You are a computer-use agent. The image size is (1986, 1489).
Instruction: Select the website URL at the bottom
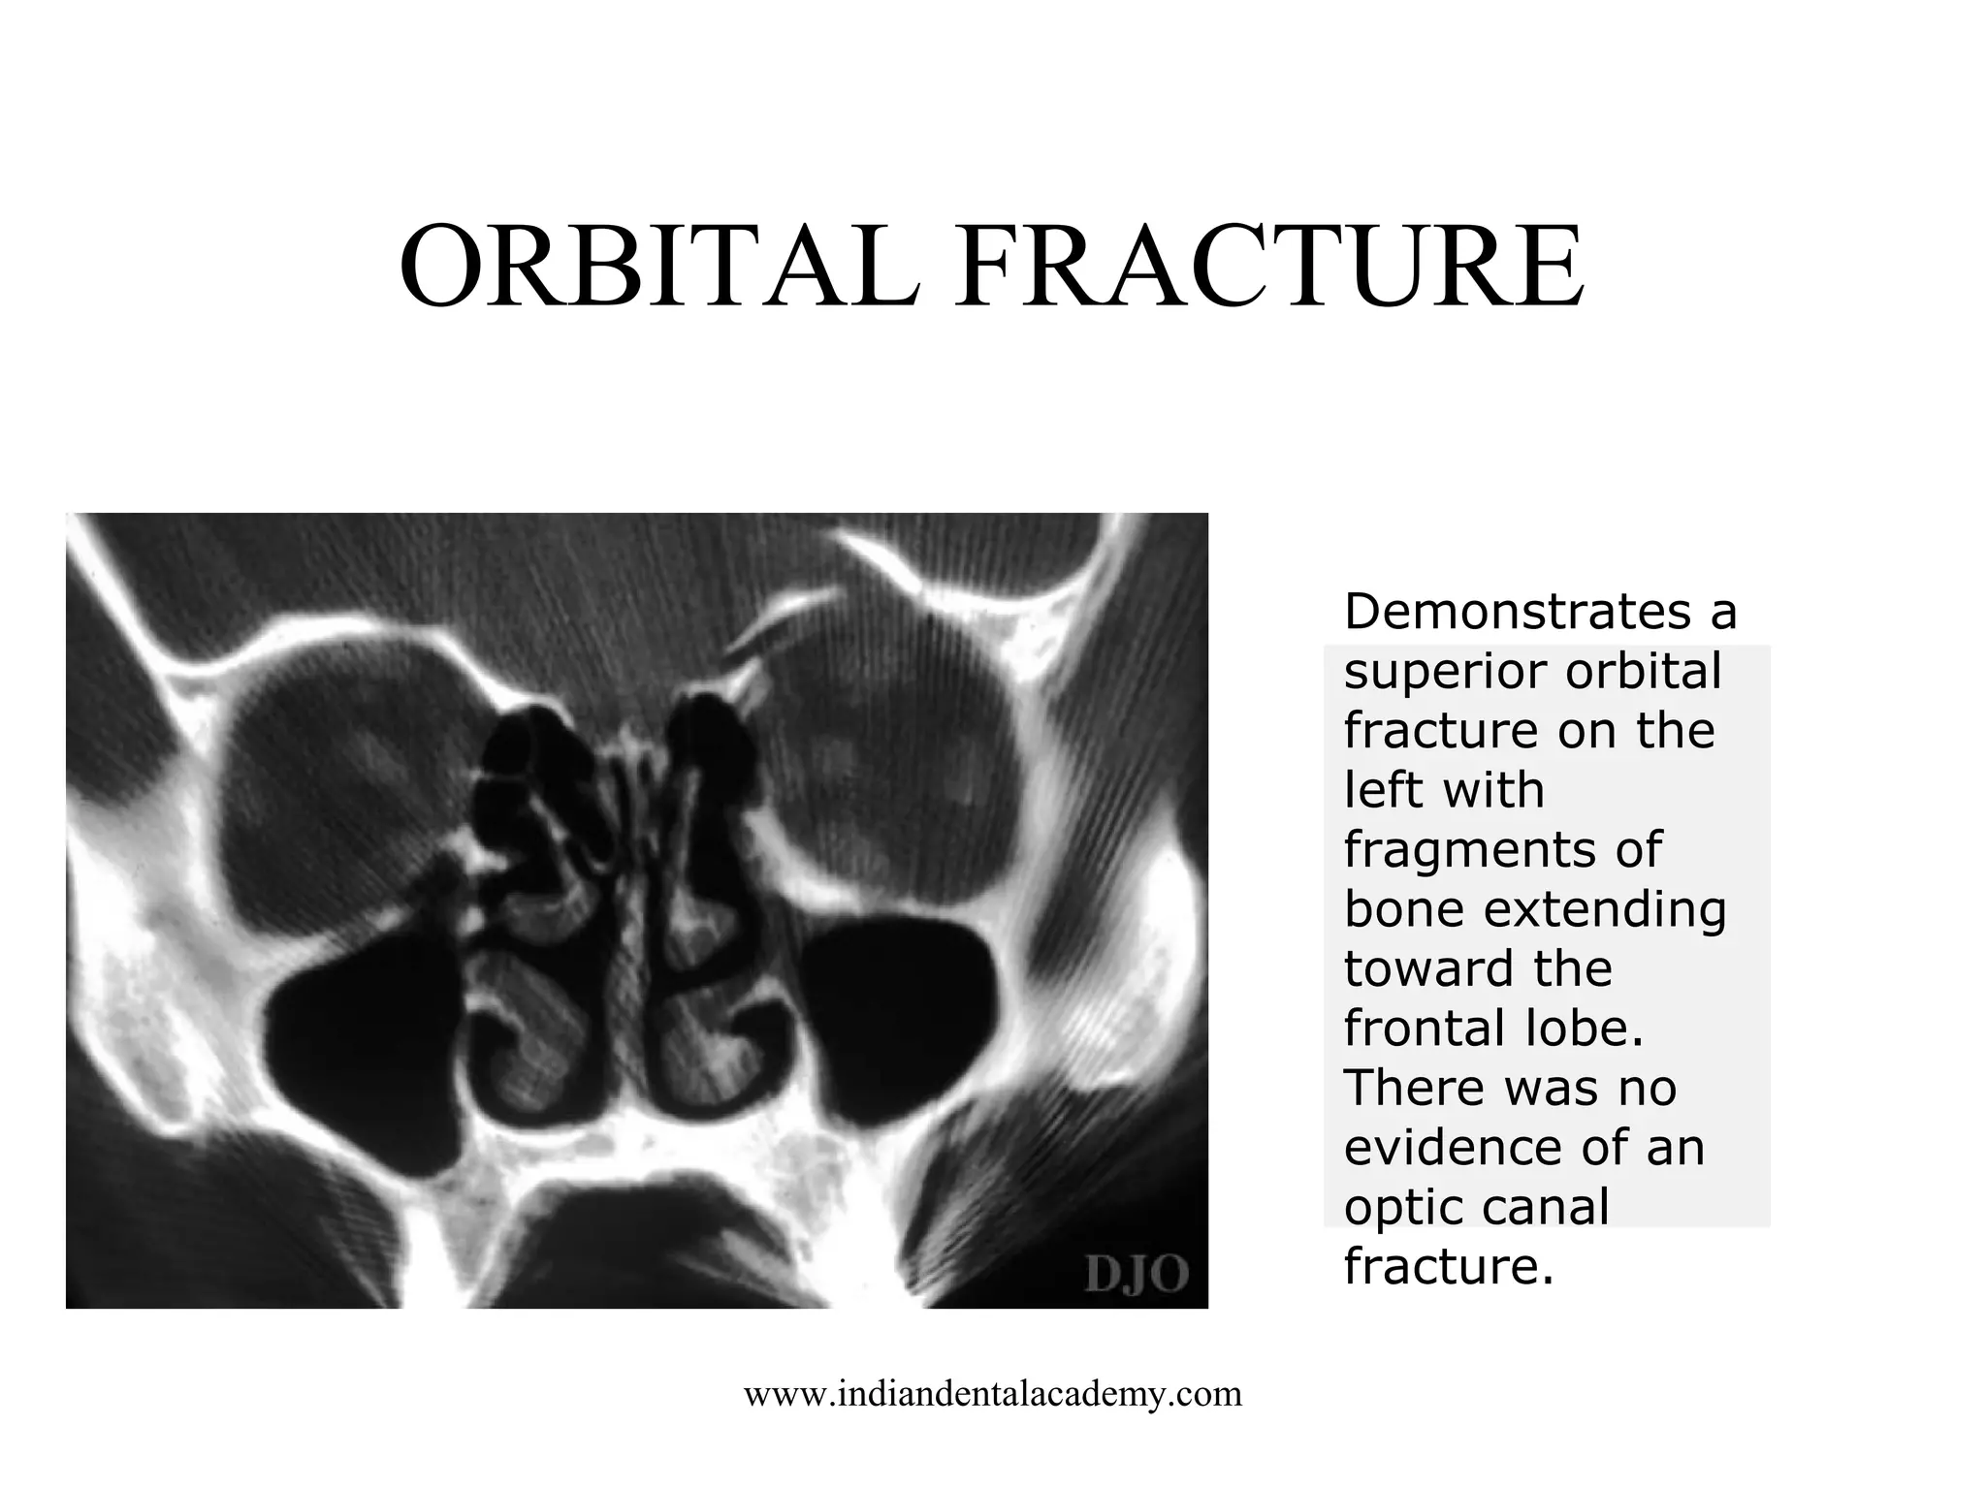(x=992, y=1394)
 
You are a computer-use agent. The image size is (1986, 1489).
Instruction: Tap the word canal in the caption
(x=1544, y=1208)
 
